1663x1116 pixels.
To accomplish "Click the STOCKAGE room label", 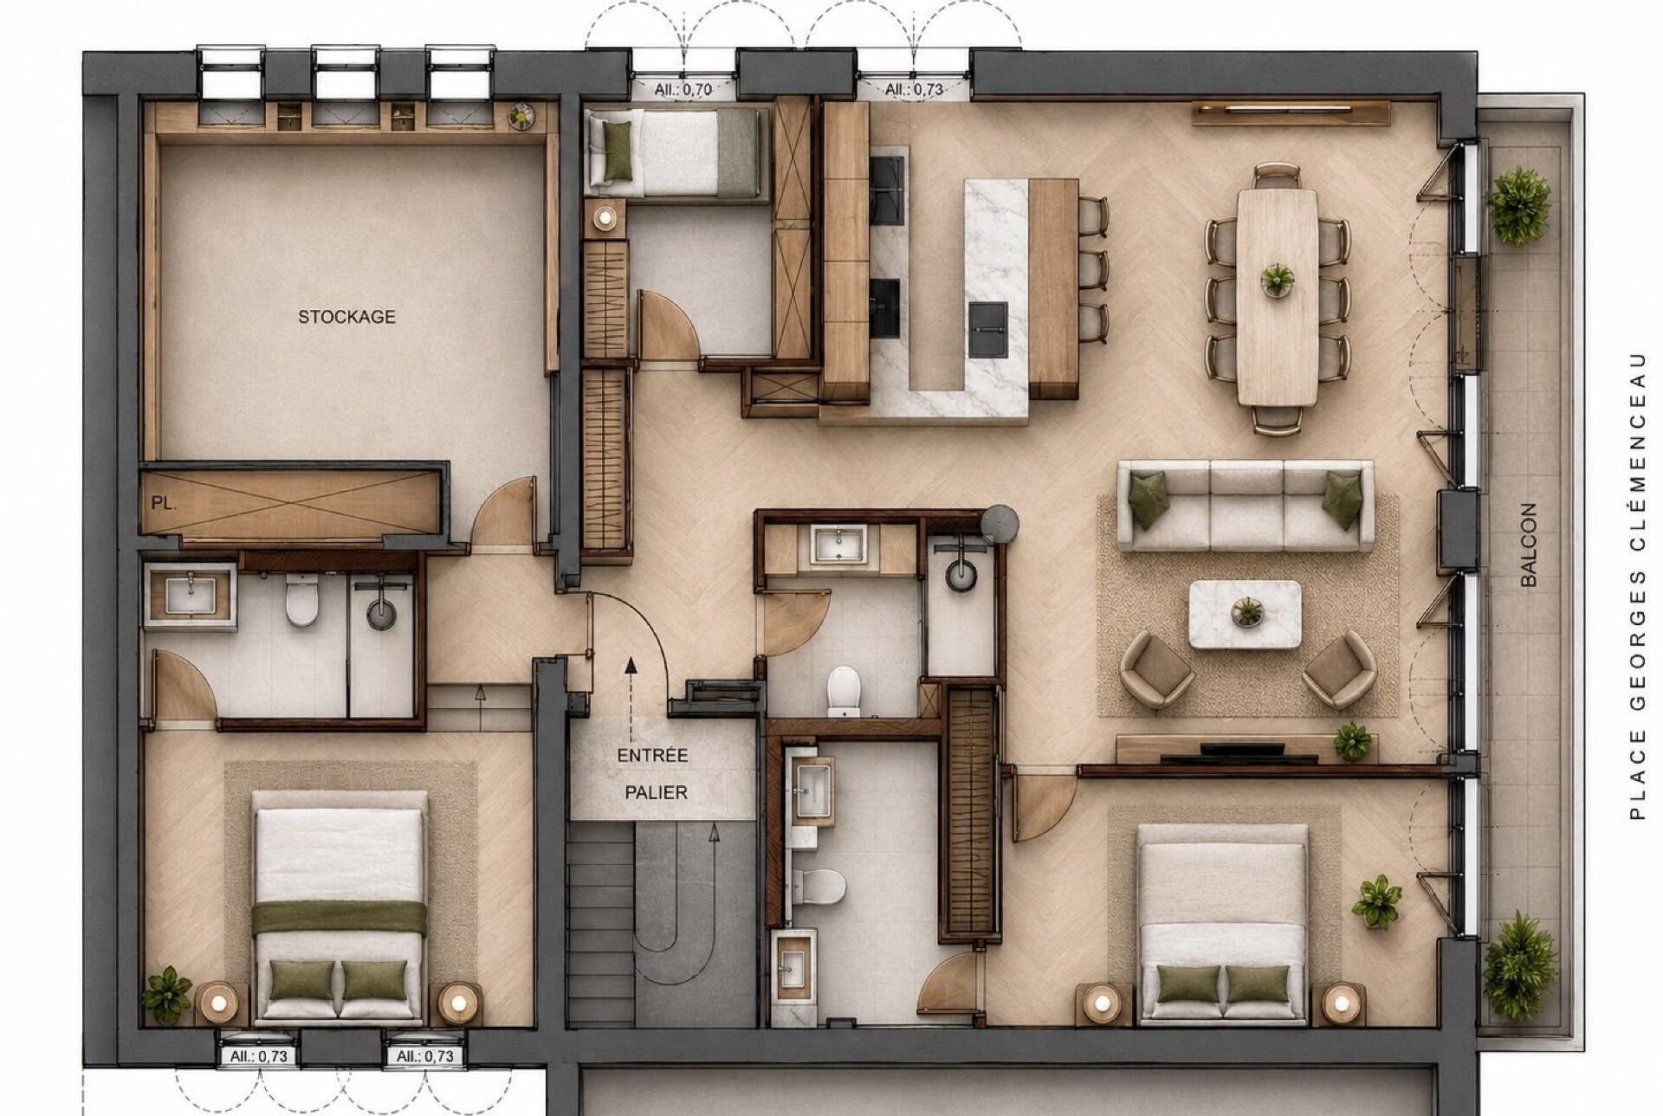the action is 346,317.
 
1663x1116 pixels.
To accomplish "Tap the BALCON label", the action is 1529,545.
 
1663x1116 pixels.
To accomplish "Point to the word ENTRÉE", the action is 653,756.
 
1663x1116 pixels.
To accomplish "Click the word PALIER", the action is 657,792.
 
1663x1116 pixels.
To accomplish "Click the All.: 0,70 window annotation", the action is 683,89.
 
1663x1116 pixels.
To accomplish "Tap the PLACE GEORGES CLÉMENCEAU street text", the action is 1636,585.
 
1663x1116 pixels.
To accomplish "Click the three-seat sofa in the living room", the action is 1245,506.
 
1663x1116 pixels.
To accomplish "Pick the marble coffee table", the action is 1245,614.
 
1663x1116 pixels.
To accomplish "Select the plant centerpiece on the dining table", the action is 1277,279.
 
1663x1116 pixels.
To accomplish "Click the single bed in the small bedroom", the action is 676,152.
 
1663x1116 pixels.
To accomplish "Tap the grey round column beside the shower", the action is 1000,524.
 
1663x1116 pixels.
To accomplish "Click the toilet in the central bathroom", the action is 843,690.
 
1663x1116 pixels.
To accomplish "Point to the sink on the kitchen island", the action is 988,329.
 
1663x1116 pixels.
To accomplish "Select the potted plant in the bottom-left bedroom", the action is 167,994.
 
